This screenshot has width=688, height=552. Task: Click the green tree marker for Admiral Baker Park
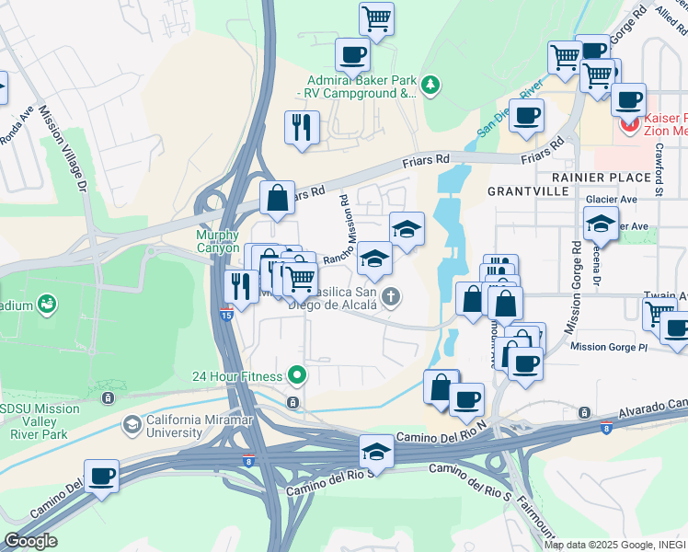pos(430,86)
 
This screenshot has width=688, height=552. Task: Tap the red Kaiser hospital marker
pos(630,125)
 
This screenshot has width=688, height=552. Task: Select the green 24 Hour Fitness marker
pos(296,375)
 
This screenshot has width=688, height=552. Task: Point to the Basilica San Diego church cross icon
pos(391,296)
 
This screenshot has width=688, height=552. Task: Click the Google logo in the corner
pos(30,541)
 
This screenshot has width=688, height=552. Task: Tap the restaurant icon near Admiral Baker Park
pos(301,128)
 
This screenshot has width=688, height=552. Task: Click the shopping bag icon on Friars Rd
pos(277,198)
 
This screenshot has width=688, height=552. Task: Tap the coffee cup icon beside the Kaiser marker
pos(628,99)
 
